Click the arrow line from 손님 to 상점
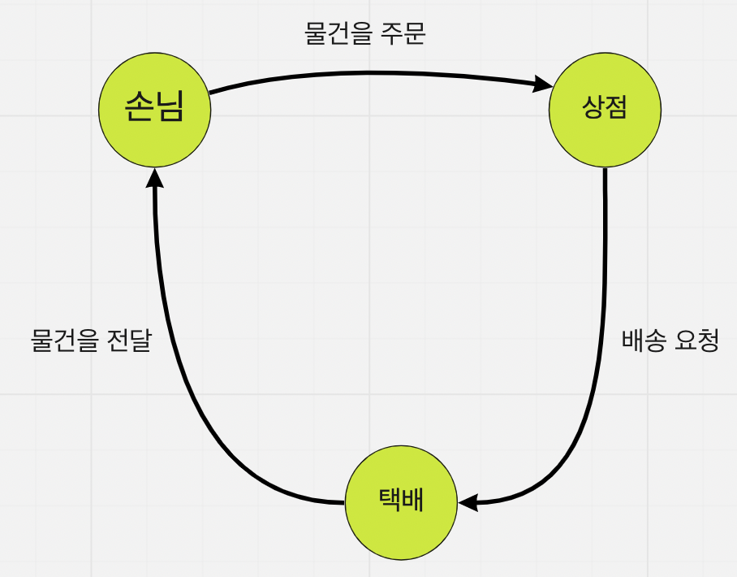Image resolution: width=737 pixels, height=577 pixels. pyautogui.click(x=365, y=73)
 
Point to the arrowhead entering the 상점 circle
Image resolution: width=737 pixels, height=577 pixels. pyautogui.click(x=542, y=84)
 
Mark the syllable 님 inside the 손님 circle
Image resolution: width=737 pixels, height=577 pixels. pyautogui.click(x=168, y=106)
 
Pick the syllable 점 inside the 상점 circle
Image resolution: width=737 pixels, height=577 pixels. pyautogui.click(x=617, y=108)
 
